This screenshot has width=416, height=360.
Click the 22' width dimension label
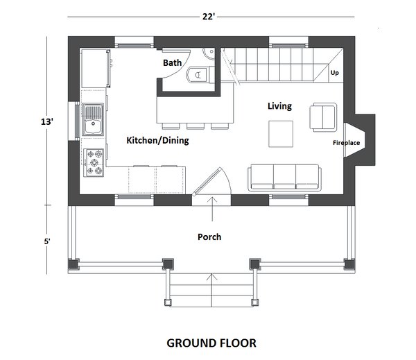coord(209,17)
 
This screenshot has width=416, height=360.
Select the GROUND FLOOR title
coord(211,343)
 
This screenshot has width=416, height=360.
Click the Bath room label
coord(173,63)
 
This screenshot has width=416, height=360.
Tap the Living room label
coord(279,106)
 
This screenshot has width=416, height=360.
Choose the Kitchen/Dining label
coord(157,140)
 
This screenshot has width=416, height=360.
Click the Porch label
coord(209,237)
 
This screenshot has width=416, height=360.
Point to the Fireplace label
coord(345,143)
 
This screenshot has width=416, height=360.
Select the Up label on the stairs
coord(335,72)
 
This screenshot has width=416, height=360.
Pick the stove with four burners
coord(94,162)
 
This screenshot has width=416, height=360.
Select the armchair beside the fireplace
coord(323,117)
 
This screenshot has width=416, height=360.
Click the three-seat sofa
coord(285,177)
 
